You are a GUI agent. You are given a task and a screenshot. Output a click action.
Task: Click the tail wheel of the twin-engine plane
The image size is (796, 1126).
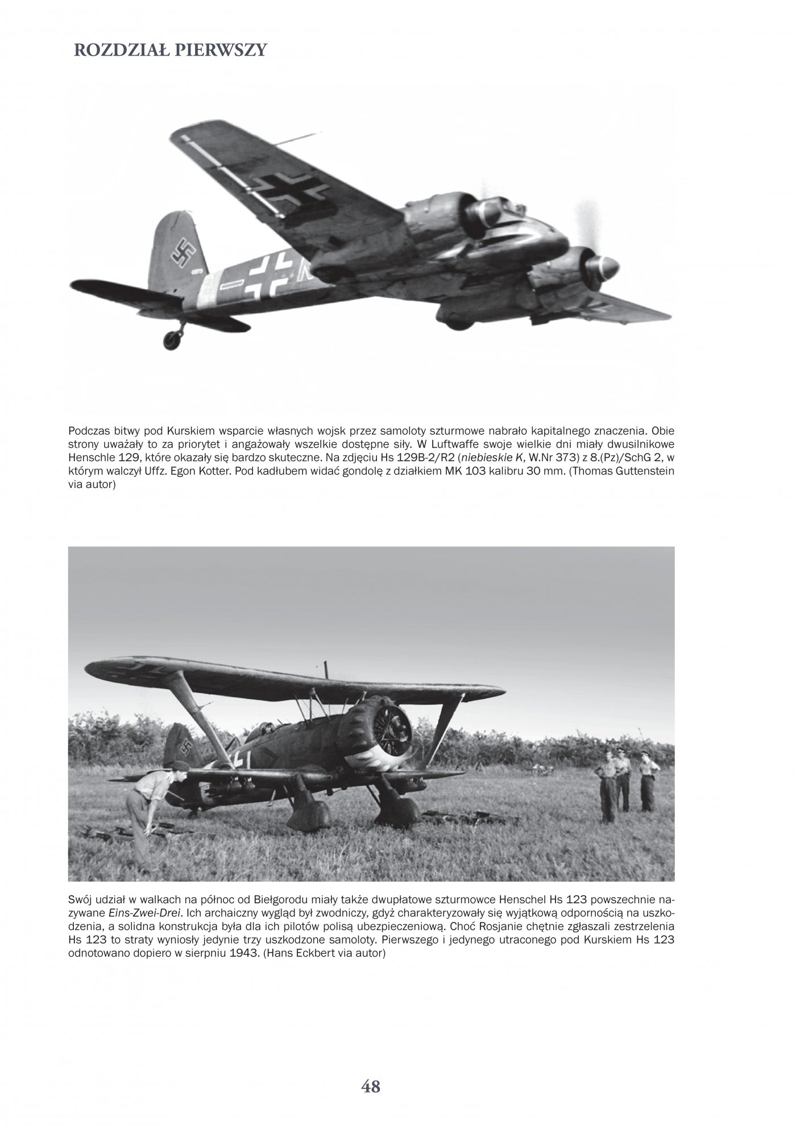coord(172,339)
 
